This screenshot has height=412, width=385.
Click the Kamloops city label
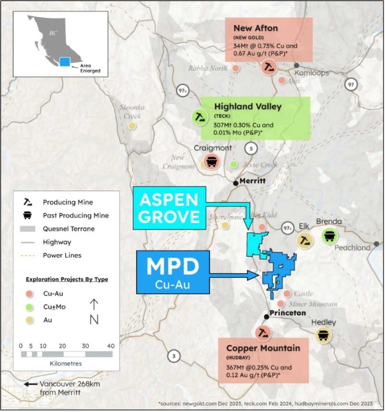(x=311, y=73)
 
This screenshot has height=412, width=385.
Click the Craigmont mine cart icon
(x=211, y=161)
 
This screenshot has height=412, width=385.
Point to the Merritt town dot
(x=236, y=184)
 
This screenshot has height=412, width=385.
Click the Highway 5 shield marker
(x=251, y=149)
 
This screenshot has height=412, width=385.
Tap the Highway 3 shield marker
(x=174, y=356)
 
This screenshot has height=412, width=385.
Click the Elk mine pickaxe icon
(x=305, y=240)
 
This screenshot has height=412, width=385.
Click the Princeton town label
(x=287, y=313)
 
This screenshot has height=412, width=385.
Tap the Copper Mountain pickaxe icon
(x=263, y=333)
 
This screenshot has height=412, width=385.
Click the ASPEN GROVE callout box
(x=169, y=208)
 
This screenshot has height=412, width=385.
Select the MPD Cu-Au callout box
(x=173, y=272)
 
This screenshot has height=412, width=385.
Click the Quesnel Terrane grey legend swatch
(x=27, y=229)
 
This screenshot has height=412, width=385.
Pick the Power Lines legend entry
(x=62, y=255)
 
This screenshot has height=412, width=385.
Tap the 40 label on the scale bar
(x=110, y=346)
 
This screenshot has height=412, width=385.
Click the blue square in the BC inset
(x=65, y=62)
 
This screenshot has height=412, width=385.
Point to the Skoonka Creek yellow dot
(x=132, y=126)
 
